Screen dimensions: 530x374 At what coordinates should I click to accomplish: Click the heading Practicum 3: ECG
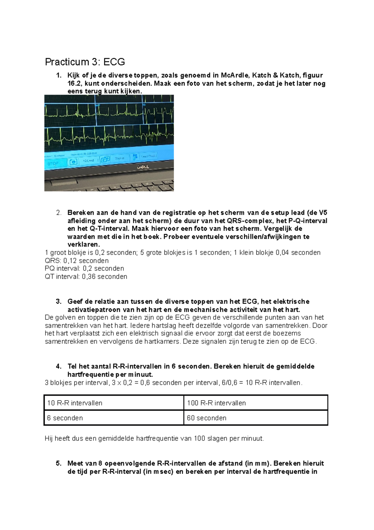click(85, 62)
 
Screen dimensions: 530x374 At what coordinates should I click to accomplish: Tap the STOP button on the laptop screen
click(54, 163)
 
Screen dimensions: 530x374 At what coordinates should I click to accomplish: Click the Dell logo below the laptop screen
click(143, 167)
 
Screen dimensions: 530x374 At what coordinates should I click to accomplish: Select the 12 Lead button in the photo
click(89, 160)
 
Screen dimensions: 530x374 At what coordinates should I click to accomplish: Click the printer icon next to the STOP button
click(73, 162)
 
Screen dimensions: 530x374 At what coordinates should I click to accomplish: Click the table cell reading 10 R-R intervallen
click(75, 403)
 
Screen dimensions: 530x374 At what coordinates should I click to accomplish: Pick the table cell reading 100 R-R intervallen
click(216, 403)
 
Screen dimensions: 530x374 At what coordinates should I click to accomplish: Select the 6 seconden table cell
click(65, 418)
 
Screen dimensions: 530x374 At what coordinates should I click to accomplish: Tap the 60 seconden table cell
click(207, 418)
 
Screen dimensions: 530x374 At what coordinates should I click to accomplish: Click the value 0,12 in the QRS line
click(70, 261)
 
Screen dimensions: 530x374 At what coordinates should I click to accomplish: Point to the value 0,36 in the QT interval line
click(89, 277)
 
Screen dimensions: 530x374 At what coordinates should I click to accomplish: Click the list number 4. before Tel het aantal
click(59, 366)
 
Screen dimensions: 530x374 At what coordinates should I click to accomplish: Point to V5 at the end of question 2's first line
click(323, 213)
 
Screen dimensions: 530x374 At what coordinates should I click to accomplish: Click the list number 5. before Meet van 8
click(59, 463)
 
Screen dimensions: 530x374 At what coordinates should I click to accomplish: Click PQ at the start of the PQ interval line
click(50, 268)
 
